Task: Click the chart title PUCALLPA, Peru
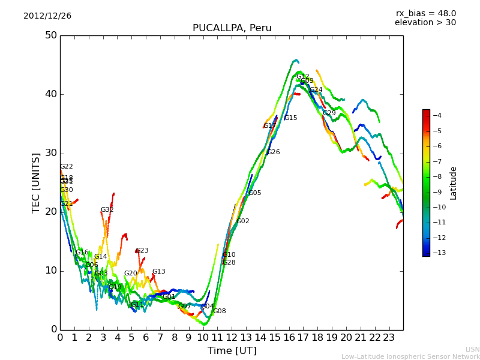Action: click(232, 28)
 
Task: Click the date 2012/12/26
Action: click(47, 16)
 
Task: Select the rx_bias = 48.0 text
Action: click(425, 13)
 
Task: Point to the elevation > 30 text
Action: click(425, 23)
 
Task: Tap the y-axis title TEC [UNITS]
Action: click(36, 182)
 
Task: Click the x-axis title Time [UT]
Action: click(232, 351)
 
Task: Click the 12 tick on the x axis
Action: click(232, 337)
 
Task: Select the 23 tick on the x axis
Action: click(389, 337)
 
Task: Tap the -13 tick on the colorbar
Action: click(437, 253)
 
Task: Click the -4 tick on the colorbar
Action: click(437, 115)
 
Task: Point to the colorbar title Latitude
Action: click(454, 183)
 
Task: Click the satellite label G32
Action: click(107, 210)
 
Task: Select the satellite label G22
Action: click(66, 167)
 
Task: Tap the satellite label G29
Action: click(329, 113)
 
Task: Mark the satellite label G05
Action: click(254, 193)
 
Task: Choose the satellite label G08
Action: click(220, 311)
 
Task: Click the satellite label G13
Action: click(158, 272)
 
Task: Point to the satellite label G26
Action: click(274, 152)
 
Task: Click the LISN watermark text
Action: click(472, 349)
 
